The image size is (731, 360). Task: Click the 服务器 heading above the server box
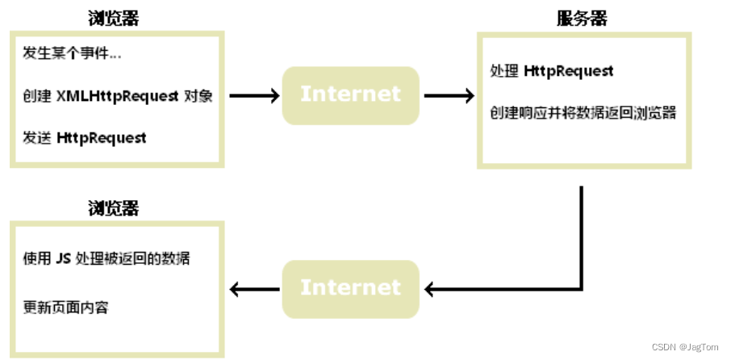[582, 19]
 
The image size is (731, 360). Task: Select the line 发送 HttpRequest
[85, 137]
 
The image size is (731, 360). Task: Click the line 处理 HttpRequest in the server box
[551, 71]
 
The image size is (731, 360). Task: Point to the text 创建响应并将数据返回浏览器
[582, 113]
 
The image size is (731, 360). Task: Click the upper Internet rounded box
[350, 95]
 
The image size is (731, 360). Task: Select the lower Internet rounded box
[350, 288]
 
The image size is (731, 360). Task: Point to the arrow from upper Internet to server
[449, 96]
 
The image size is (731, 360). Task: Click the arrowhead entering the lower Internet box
[432, 288]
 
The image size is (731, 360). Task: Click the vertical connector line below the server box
[582, 234]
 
